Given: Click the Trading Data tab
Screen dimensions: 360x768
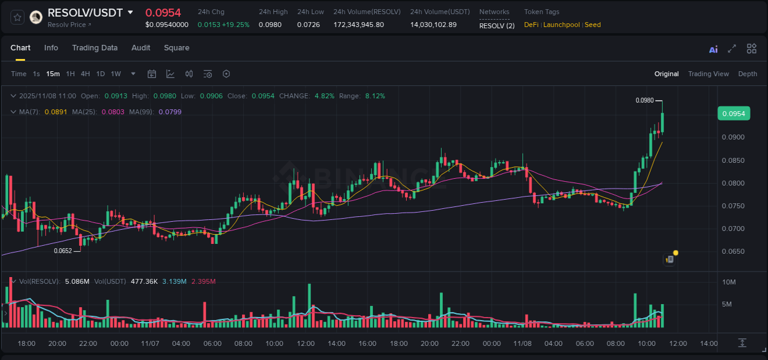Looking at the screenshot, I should pyautogui.click(x=95, y=48).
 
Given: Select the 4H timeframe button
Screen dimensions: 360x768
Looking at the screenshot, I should pyautogui.click(x=85, y=74).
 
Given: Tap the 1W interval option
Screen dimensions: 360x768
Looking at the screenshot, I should pyautogui.click(x=116, y=74).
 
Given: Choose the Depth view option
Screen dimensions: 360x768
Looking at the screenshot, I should pyautogui.click(x=747, y=74).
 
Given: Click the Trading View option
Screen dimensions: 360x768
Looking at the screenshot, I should pyautogui.click(x=708, y=74).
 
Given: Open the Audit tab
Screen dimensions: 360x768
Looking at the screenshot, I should pyautogui.click(x=141, y=48).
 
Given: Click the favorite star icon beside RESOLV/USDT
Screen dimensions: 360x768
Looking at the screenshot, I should pyautogui.click(x=17, y=17).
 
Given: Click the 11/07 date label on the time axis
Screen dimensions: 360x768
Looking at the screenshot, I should pyautogui.click(x=150, y=343).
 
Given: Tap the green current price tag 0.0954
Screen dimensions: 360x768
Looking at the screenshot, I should pyautogui.click(x=733, y=114).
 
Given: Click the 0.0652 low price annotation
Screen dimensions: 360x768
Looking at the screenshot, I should pyautogui.click(x=63, y=251).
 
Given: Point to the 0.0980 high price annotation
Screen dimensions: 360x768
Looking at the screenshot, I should pyautogui.click(x=645, y=100).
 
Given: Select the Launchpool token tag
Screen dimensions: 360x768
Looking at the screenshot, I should pyautogui.click(x=562, y=25).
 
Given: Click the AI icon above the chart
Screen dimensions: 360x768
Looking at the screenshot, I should pyautogui.click(x=713, y=49).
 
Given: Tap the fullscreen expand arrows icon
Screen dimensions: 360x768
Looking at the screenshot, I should pyautogui.click(x=732, y=49).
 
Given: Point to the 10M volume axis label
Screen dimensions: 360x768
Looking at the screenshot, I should pyautogui.click(x=729, y=282).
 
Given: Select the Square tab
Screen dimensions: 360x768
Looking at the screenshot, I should pyautogui.click(x=176, y=48).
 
